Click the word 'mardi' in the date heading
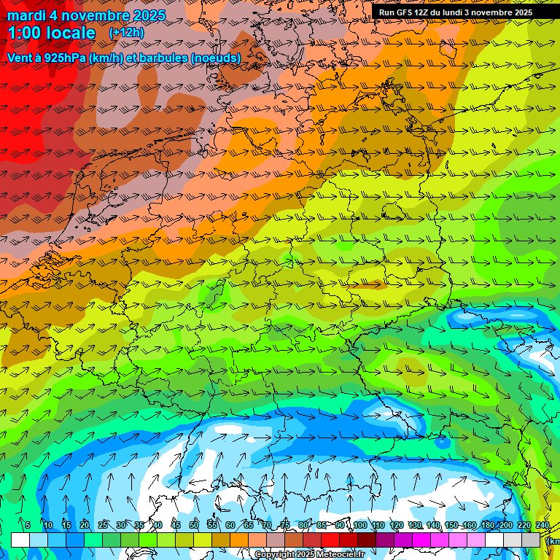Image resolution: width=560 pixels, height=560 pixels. [x=26, y=15]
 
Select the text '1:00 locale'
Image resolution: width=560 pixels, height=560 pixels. [x=51, y=33]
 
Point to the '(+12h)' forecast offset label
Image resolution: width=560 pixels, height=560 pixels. [x=126, y=33]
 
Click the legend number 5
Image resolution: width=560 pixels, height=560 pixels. [x=28, y=525]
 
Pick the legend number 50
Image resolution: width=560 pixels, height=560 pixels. [x=194, y=525]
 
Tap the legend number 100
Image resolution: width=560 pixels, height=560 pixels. [x=360, y=525]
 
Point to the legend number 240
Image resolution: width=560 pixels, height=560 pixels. [x=542, y=525]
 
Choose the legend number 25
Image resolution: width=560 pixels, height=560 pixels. [x=103, y=525]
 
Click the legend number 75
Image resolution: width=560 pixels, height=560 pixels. [x=285, y=525]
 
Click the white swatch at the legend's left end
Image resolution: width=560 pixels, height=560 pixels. [x=20, y=540]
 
